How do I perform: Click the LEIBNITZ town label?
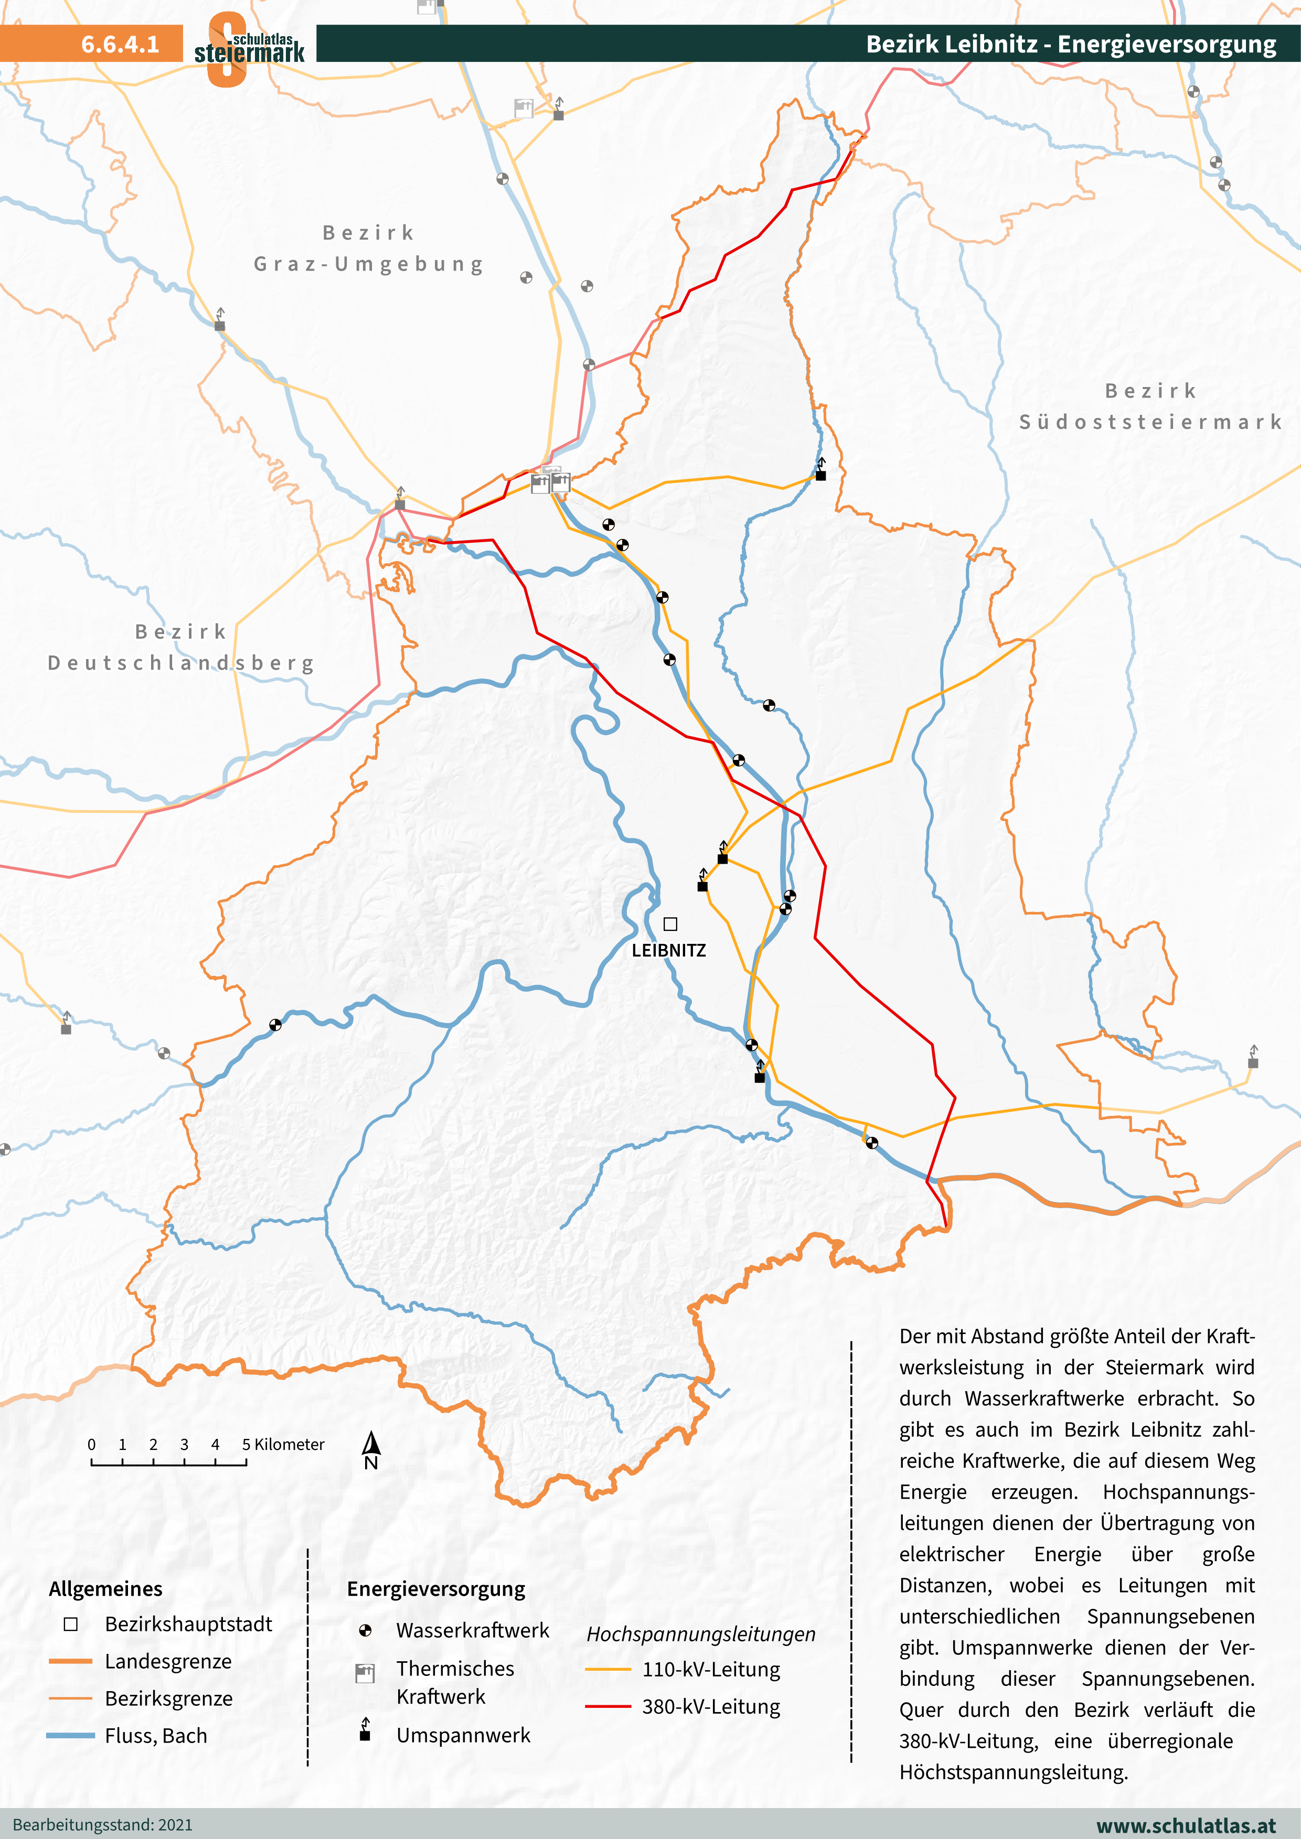point(668,951)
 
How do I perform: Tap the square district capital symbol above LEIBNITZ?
point(670,924)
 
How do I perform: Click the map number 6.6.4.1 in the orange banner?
point(120,44)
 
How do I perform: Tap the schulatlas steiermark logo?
point(248,48)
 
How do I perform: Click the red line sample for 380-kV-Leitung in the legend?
point(608,1707)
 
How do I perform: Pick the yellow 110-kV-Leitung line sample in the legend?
point(608,1669)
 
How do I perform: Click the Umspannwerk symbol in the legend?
point(365,1733)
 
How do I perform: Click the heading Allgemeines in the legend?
point(106,1589)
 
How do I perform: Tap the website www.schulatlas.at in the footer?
point(1186,1825)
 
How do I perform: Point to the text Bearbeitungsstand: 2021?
point(102,1825)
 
